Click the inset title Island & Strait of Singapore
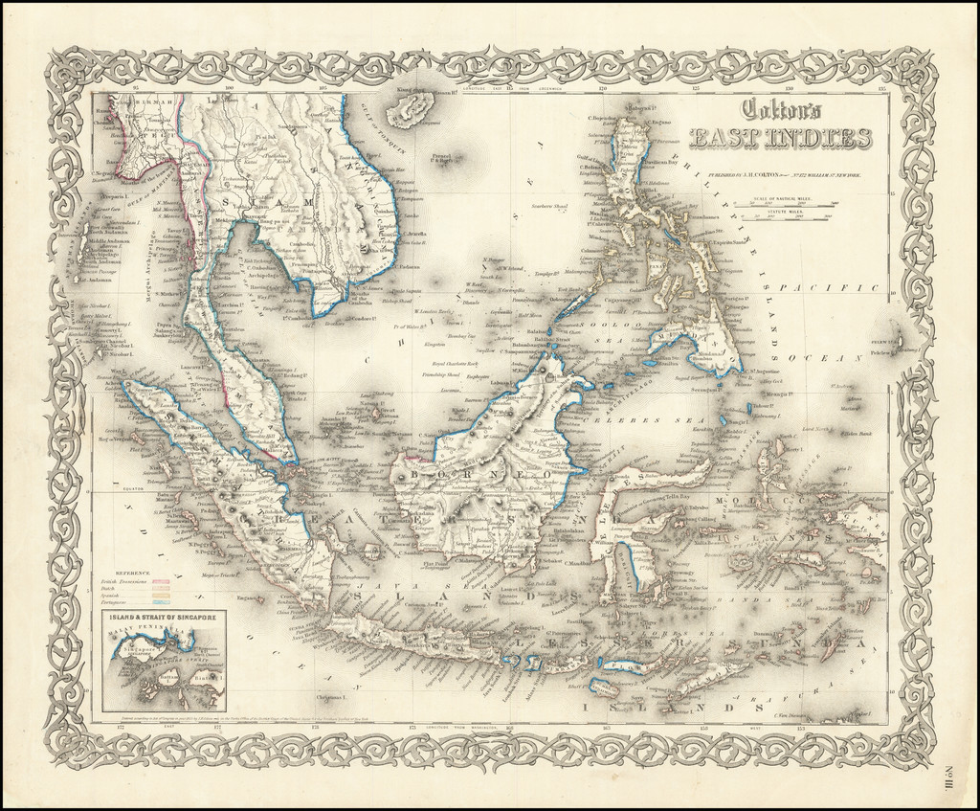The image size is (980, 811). (162, 620)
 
